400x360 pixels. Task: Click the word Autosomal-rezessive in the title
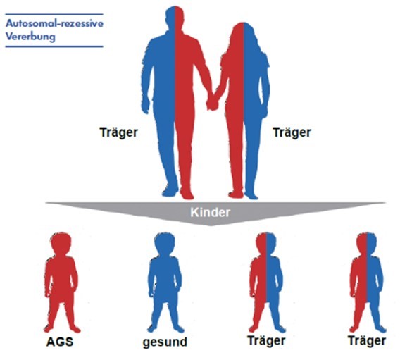click(54, 23)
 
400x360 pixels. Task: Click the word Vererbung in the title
click(30, 37)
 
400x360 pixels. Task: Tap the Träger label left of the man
click(118, 132)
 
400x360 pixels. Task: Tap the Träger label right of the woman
click(292, 132)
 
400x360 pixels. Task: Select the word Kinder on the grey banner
click(210, 213)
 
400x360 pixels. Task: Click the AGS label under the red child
click(60, 342)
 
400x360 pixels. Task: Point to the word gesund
click(165, 342)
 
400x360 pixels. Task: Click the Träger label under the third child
click(266, 341)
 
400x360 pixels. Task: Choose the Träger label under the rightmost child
click(367, 341)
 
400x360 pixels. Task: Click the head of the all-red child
click(61, 242)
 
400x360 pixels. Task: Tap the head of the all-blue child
click(165, 242)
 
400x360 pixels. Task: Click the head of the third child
click(266, 242)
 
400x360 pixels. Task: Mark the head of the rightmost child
click(367, 242)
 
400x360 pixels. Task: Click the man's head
click(175, 17)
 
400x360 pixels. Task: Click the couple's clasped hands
click(212, 103)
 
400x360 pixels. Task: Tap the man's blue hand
click(145, 106)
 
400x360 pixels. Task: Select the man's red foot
click(187, 194)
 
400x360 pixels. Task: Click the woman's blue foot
click(251, 194)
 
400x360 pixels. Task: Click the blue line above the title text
click(54, 15)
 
